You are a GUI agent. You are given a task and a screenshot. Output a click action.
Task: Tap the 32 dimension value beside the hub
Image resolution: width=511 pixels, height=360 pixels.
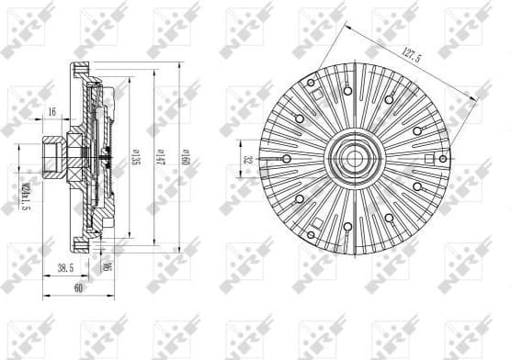pyautogui.click(x=247, y=158)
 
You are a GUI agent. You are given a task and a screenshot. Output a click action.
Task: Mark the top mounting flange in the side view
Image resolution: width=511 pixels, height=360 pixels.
pyautogui.click(x=81, y=71)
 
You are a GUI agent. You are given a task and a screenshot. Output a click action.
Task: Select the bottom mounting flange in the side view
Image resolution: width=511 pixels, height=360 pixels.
pyautogui.click(x=81, y=242)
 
